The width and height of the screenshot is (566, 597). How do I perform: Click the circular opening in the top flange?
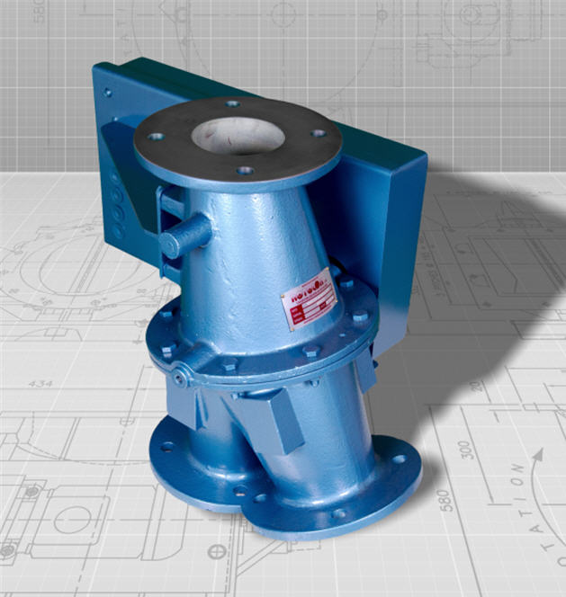tap(238, 136)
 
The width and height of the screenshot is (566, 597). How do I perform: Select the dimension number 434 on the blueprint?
tap(41, 384)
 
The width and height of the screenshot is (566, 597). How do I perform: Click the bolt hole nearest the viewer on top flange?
tap(244, 170)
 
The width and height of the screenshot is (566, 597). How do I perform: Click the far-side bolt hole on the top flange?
tap(232, 104)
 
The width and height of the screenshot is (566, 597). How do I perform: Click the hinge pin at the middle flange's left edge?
tap(180, 379)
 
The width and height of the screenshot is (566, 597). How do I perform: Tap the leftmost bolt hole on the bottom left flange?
tap(166, 446)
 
